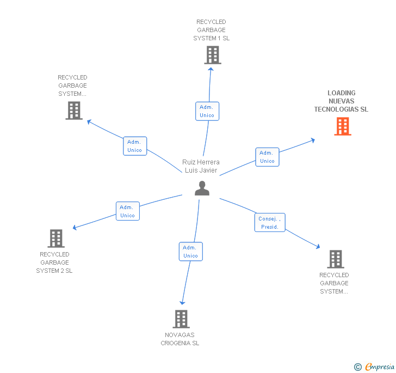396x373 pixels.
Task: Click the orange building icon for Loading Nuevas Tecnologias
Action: pos(342,126)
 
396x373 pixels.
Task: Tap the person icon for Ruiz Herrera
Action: pos(202,188)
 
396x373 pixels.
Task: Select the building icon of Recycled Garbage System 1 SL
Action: pos(213,55)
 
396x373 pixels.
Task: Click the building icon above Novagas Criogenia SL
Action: pos(181,319)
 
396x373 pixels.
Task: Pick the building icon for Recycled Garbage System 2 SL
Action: pos(56,238)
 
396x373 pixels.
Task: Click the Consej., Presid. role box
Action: pos(269,222)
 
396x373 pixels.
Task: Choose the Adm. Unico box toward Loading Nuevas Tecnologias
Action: pos(267,157)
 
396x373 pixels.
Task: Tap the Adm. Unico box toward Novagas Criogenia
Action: pos(190,252)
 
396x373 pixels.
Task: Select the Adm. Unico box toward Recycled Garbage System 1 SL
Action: pos(207,111)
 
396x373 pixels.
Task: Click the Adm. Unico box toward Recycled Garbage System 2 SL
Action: pos(127,211)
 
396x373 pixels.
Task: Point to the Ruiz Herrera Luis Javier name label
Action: pos(201,166)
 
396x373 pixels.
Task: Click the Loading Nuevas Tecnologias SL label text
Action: pos(341,101)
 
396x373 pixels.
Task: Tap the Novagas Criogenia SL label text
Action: pos(180,339)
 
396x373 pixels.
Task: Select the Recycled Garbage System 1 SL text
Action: pos(211,30)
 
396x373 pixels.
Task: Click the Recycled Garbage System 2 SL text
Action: pos(54,262)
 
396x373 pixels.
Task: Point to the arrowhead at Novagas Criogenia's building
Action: pos(183,303)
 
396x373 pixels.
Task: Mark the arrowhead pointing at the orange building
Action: pos(313,140)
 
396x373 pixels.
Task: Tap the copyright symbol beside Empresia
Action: pos(357,367)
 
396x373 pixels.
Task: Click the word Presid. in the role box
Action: pos(269,227)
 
